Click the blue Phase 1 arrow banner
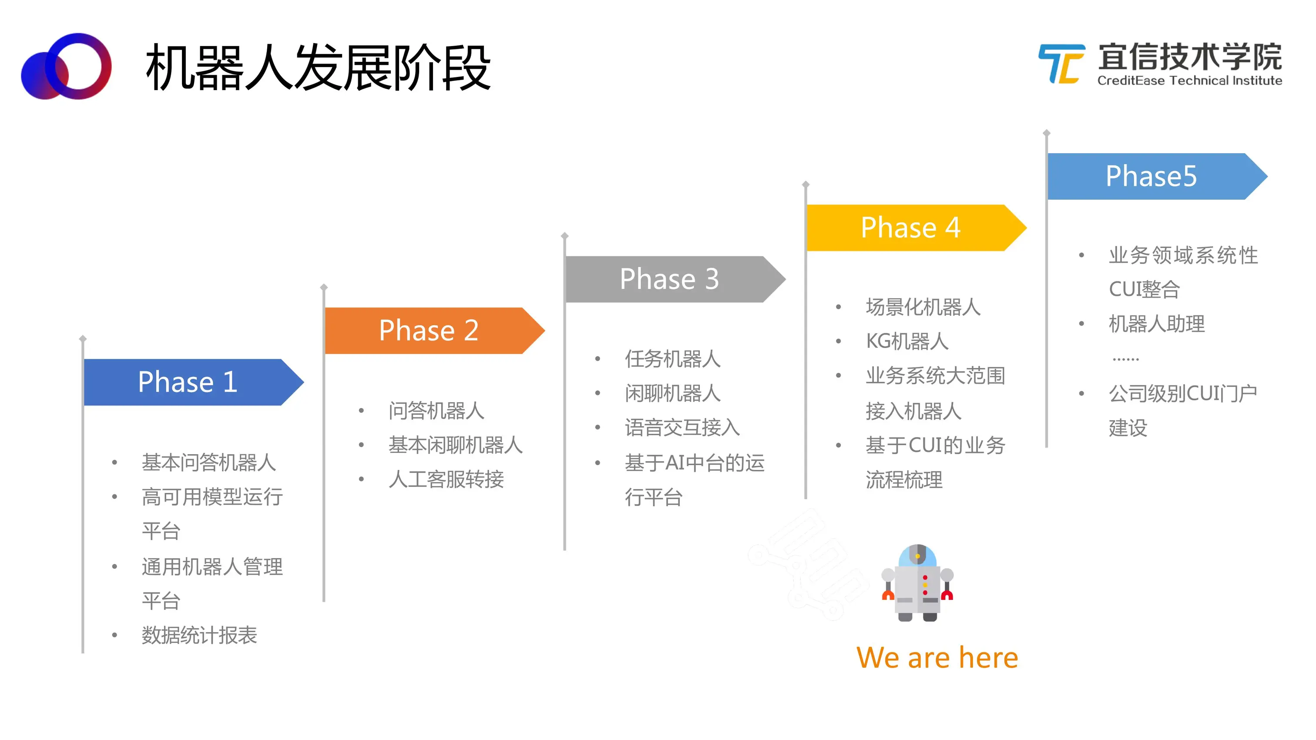[194, 382]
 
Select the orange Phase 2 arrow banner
[435, 331]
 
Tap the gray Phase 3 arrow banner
[675, 279]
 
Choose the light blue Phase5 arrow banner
[1158, 176]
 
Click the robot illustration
[917, 583]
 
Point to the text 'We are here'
[937, 657]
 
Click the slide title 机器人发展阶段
[318, 67]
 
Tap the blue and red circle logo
[67, 67]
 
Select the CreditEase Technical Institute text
[1190, 80]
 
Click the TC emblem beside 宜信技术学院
[1061, 64]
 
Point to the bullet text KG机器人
[907, 341]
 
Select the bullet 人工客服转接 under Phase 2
[446, 479]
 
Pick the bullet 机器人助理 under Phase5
[1157, 324]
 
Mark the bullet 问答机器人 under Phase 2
[436, 411]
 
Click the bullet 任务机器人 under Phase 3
[672, 359]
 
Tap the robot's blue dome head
[917, 555]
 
